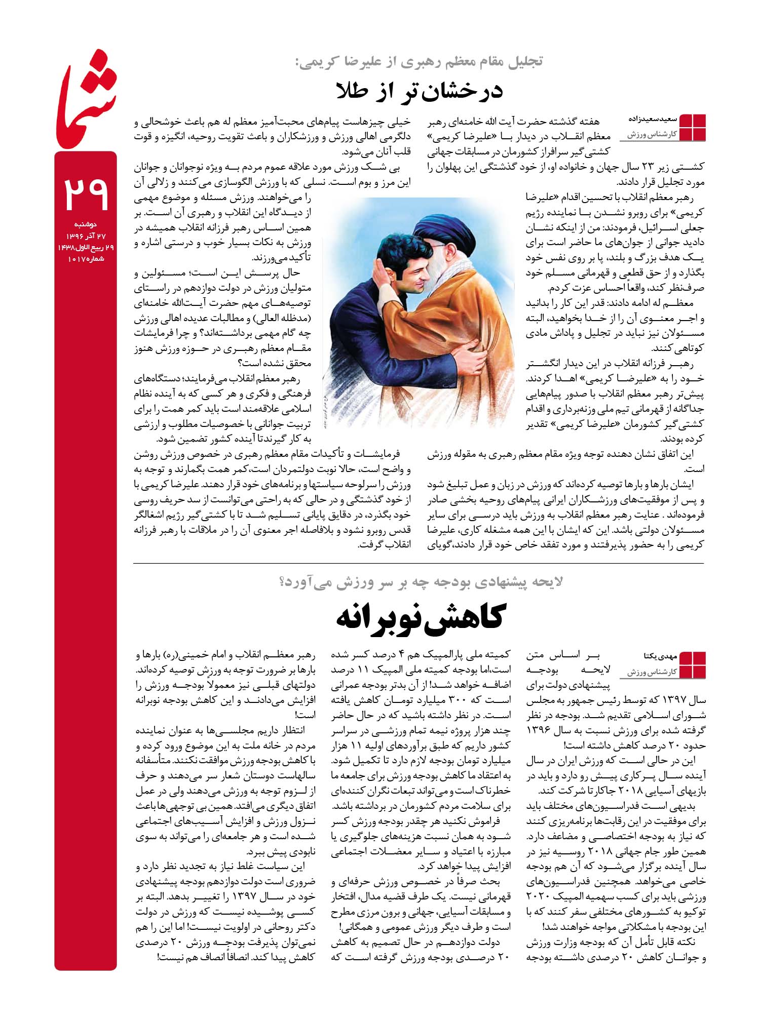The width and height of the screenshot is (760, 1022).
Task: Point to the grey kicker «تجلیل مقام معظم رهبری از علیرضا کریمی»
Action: pyautogui.click(x=419, y=62)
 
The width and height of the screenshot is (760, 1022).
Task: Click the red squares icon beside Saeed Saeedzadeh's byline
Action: pyautogui.click(x=692, y=127)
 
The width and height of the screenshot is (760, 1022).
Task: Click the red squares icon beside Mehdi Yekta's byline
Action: pyautogui.click(x=692, y=665)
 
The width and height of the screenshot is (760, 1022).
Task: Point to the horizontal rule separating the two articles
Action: pyautogui.click(x=419, y=563)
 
